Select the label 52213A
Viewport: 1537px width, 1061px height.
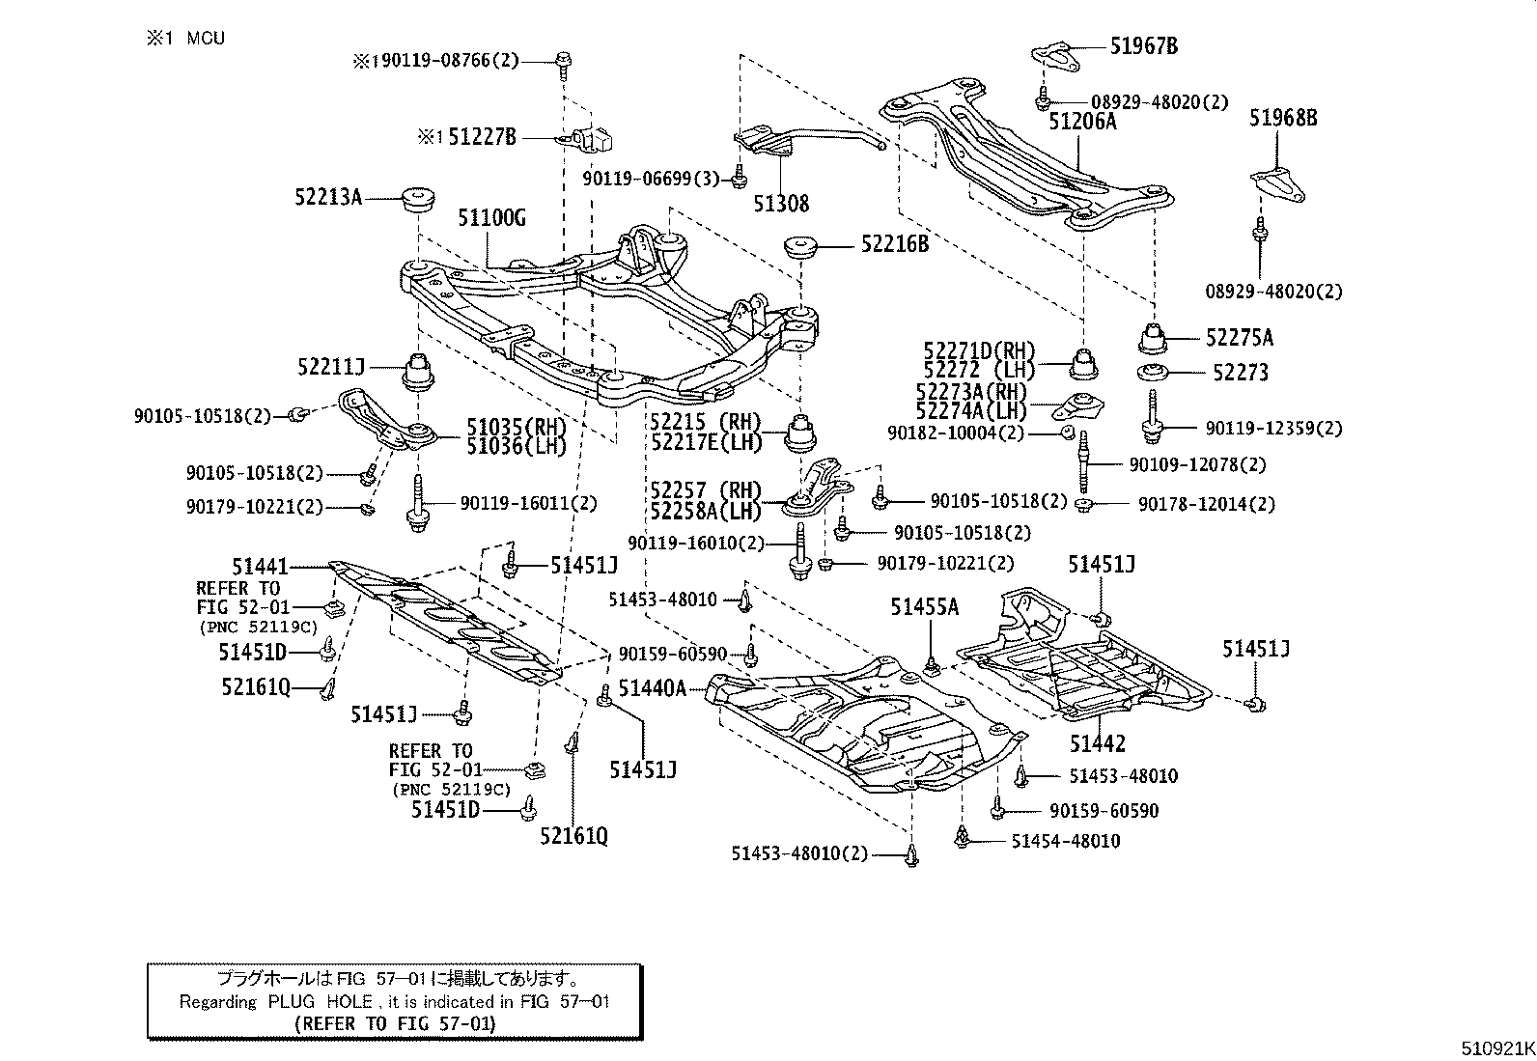(328, 197)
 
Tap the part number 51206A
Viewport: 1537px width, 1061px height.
(1082, 121)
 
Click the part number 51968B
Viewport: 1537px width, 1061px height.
(1283, 118)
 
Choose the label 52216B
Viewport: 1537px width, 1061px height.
(894, 244)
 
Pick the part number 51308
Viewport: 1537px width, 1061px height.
(781, 204)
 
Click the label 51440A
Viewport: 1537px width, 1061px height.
(652, 687)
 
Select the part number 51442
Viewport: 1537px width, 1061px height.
(1097, 743)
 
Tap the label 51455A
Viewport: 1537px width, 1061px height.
(924, 606)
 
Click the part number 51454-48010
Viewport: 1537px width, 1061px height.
(1065, 841)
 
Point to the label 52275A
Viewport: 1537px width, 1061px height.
(1239, 338)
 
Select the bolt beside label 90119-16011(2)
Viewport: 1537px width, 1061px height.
(416, 501)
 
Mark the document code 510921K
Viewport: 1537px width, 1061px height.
(1495, 1047)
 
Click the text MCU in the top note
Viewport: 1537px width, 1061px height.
(205, 39)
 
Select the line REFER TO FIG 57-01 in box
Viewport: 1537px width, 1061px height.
(394, 1023)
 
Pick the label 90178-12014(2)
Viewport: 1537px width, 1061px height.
(1206, 504)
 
